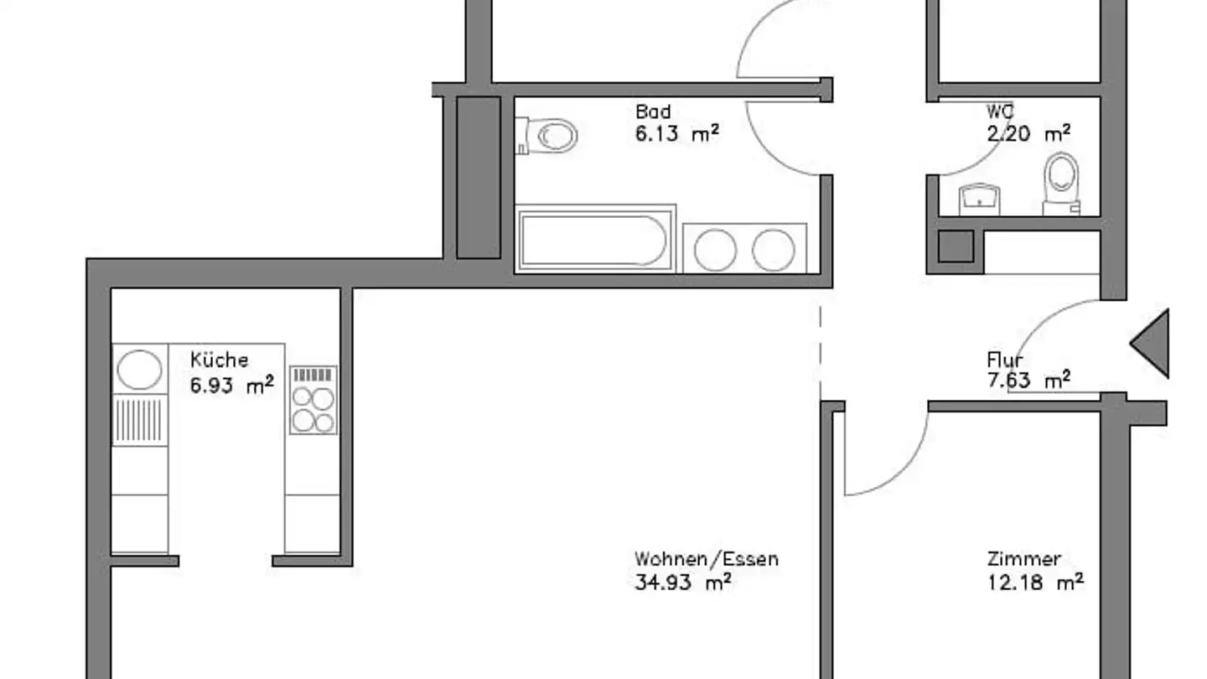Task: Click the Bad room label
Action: tap(652, 111)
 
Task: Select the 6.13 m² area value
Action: tap(676, 133)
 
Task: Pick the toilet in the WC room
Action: tap(1060, 180)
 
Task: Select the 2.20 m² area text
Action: tap(1028, 133)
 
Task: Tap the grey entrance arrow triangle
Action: tap(1153, 344)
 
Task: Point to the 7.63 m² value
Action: tap(1028, 381)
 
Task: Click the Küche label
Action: tap(219, 360)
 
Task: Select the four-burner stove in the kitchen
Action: tap(313, 400)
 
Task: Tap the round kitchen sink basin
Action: tap(139, 370)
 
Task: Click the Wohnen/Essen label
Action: tap(706, 559)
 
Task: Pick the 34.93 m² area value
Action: tap(682, 582)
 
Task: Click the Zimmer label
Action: tap(1023, 559)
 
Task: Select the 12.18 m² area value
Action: tap(1035, 582)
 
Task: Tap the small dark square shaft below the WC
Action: tap(955, 246)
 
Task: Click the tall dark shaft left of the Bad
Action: tap(478, 177)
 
